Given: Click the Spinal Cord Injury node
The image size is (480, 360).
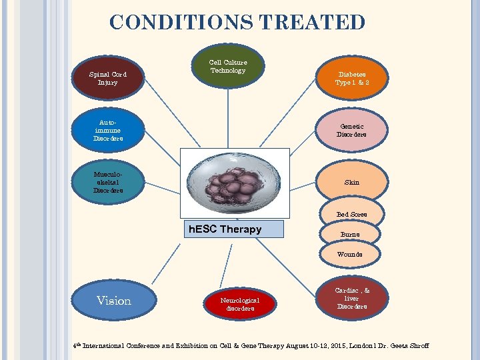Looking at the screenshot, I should [x=107, y=79].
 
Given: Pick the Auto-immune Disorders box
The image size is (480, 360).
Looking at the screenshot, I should [x=107, y=130].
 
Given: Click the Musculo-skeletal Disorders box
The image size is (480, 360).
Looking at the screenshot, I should [x=107, y=182].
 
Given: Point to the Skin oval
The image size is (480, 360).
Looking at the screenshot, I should [x=351, y=182].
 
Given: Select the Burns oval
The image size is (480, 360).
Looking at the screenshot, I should [x=350, y=234].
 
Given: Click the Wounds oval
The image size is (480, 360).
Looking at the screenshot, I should [x=350, y=254].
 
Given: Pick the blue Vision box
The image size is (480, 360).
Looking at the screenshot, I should [x=114, y=301].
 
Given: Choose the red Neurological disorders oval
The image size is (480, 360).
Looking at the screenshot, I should [x=239, y=304].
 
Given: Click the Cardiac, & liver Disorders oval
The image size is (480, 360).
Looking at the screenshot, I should [x=351, y=298].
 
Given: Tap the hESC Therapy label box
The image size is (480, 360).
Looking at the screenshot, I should [x=234, y=229].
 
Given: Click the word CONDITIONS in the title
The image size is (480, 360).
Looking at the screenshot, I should [x=180, y=23].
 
